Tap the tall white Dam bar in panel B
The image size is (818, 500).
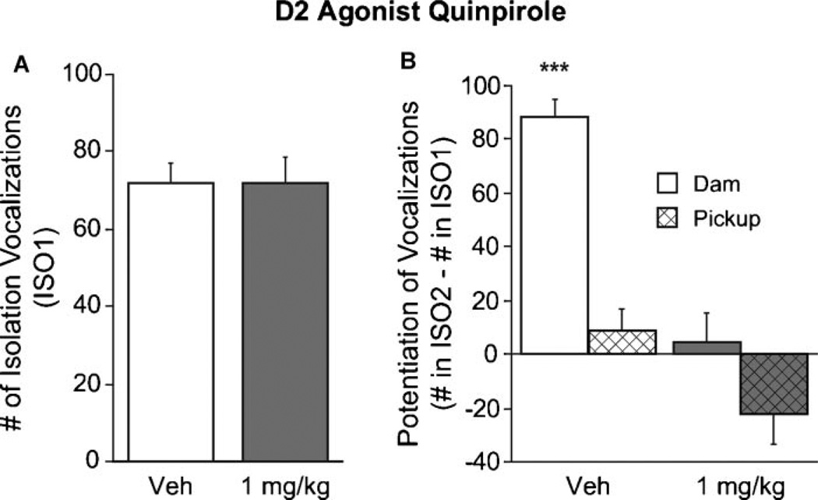[x=554, y=234]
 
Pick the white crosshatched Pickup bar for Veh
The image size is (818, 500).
[x=623, y=342]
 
